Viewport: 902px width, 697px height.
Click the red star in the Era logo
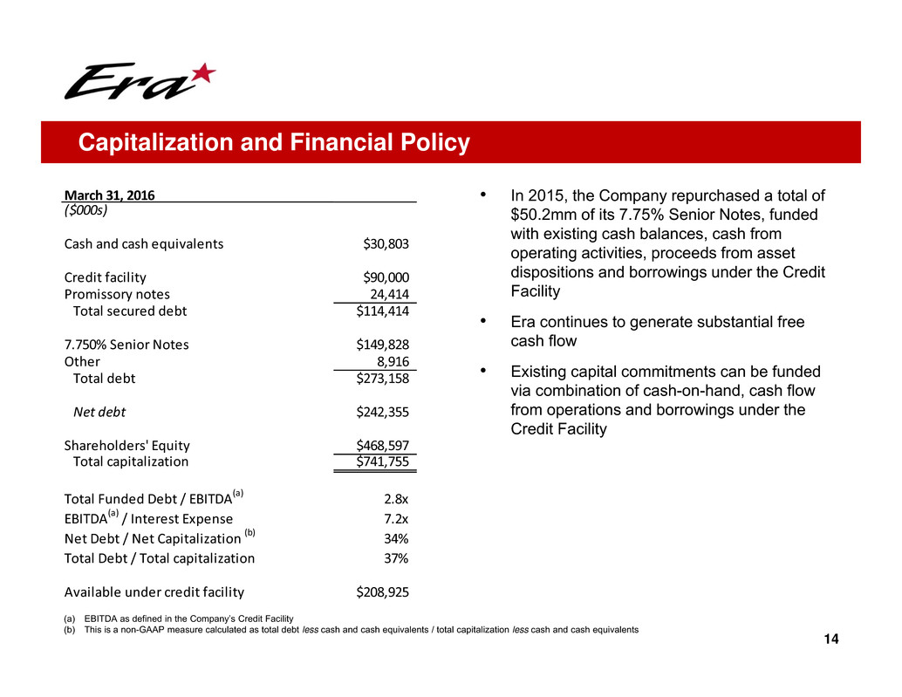(x=202, y=76)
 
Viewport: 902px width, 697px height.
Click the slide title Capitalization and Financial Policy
(x=273, y=142)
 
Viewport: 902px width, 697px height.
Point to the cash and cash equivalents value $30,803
(x=386, y=244)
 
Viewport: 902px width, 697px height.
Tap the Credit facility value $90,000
(x=386, y=277)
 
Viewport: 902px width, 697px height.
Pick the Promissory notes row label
(x=117, y=294)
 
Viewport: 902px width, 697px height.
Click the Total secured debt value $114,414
(x=383, y=311)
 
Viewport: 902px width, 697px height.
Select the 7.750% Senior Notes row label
(x=126, y=345)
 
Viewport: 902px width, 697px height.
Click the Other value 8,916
(x=393, y=361)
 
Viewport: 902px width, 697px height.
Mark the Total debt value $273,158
(x=383, y=379)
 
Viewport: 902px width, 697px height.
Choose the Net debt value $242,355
(x=383, y=412)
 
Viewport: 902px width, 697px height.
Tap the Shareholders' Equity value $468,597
(x=383, y=445)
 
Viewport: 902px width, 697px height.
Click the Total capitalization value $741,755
(x=383, y=462)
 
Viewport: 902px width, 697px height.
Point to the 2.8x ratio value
(x=396, y=500)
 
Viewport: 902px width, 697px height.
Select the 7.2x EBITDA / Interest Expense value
(x=396, y=519)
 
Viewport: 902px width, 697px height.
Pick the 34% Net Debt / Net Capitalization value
(x=396, y=538)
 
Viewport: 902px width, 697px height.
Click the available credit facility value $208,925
(x=383, y=592)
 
